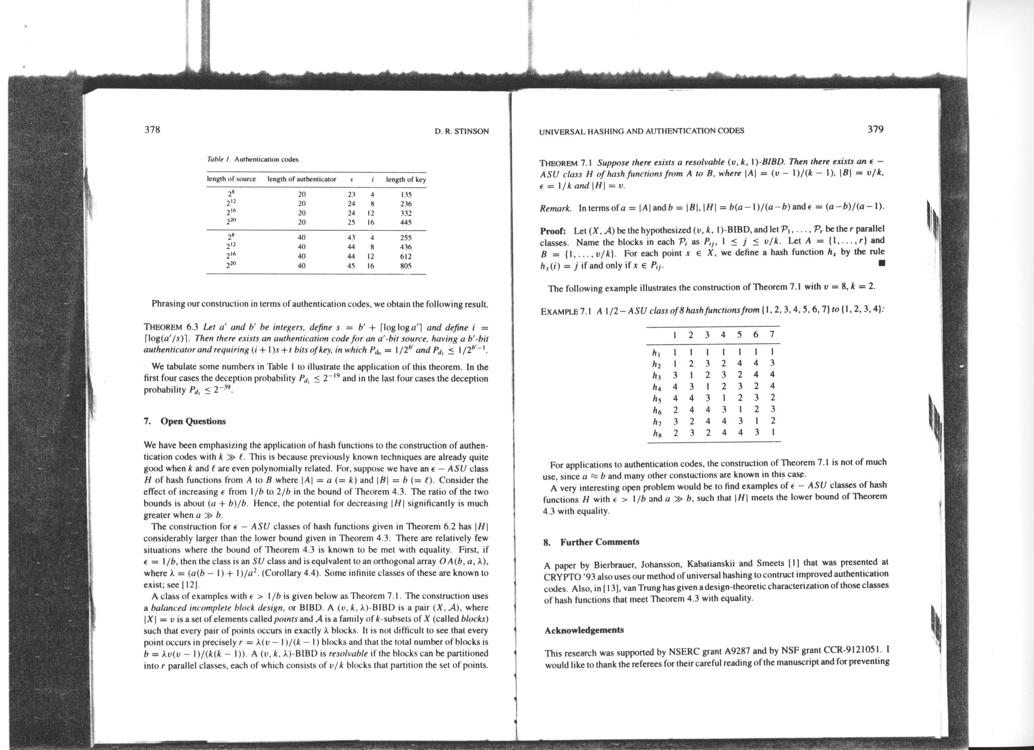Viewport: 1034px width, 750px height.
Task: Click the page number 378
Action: (x=152, y=130)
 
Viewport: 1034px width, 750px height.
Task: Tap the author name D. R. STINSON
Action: (x=462, y=132)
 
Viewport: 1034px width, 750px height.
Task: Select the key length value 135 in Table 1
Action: (x=406, y=194)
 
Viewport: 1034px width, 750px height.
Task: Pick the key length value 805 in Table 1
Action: (x=406, y=266)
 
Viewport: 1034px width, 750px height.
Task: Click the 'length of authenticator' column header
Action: (x=302, y=179)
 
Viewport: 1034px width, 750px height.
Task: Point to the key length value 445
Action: (x=406, y=222)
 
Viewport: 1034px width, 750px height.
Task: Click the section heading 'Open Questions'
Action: (x=193, y=421)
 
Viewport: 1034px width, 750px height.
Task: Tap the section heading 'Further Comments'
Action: (x=599, y=542)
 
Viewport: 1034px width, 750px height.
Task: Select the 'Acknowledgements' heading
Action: (x=584, y=630)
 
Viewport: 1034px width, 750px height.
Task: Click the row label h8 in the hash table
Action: (x=656, y=433)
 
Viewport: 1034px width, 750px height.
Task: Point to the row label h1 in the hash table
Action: (x=656, y=352)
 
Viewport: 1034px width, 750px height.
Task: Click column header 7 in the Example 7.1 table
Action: (x=771, y=335)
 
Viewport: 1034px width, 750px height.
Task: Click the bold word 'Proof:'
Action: (x=553, y=231)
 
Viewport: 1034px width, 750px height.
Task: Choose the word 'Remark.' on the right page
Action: (x=555, y=208)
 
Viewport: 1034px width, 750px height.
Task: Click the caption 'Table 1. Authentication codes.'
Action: (x=253, y=160)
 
